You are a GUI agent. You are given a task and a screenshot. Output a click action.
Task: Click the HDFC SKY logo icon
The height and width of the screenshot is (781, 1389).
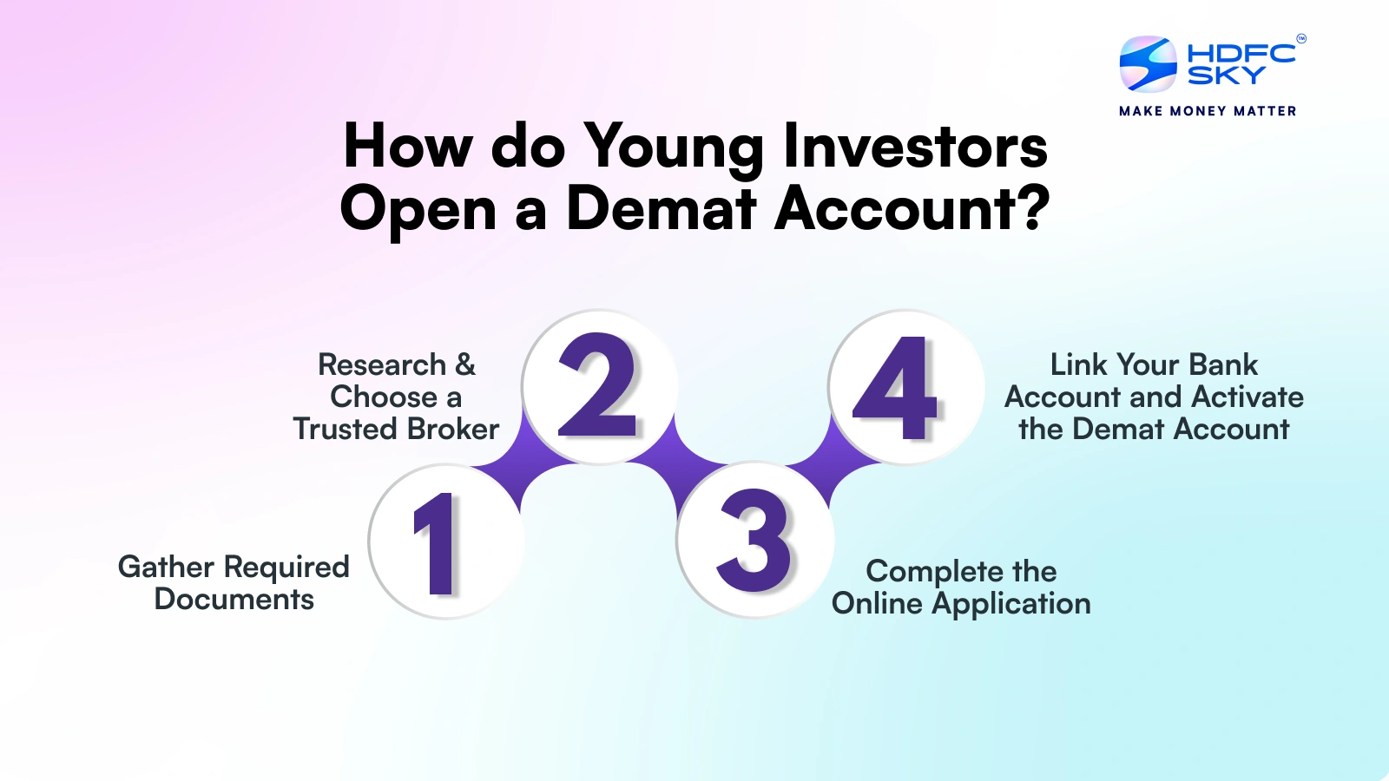pyautogui.click(x=1148, y=64)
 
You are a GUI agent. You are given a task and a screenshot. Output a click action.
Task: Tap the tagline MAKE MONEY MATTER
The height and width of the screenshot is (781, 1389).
pyautogui.click(x=1208, y=112)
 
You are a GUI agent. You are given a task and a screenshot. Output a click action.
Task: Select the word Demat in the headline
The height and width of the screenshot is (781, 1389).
pyautogui.click(x=661, y=209)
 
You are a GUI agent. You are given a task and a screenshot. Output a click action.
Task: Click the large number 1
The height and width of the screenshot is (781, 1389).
pyautogui.click(x=437, y=543)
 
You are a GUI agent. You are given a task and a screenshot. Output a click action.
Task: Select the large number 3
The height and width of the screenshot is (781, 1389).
pyautogui.click(x=754, y=540)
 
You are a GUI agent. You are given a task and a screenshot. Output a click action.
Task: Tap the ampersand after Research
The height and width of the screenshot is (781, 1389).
pyautogui.click(x=465, y=364)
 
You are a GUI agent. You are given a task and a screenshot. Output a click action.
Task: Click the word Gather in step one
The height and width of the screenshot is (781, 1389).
pyautogui.click(x=166, y=567)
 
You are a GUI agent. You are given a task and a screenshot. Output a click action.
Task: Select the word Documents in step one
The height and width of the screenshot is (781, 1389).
pyautogui.click(x=234, y=600)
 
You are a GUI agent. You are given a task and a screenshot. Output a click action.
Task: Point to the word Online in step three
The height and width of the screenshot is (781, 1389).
pyautogui.click(x=877, y=603)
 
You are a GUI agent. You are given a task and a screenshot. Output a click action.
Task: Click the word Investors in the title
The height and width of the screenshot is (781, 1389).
pyautogui.click(x=915, y=146)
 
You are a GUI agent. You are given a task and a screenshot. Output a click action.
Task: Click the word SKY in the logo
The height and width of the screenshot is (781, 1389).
pyautogui.click(x=1226, y=75)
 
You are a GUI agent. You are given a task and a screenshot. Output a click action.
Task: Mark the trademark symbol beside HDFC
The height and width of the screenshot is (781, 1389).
pyautogui.click(x=1301, y=38)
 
